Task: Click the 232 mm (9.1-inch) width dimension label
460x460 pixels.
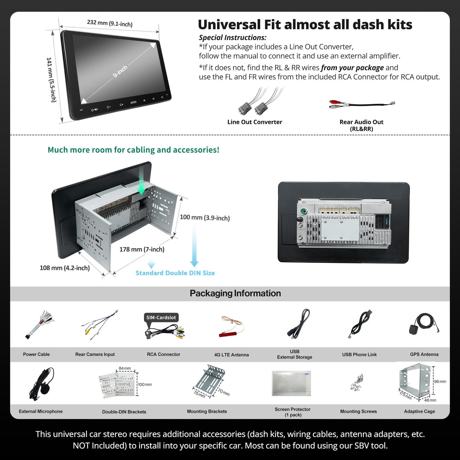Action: pyautogui.click(x=110, y=23)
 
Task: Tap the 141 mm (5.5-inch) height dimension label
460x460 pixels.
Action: pyautogui.click(x=51, y=80)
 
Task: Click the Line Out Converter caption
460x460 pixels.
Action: pyautogui.click(x=255, y=122)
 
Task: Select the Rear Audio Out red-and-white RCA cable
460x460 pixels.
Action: pyautogui.click(x=361, y=104)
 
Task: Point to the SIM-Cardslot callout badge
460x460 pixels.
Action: pyautogui.click(x=161, y=318)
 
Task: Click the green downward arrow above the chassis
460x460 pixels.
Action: pyautogui.click(x=141, y=180)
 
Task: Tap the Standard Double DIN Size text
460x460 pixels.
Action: pyautogui.click(x=175, y=273)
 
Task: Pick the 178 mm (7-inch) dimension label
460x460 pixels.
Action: pyautogui.click(x=142, y=249)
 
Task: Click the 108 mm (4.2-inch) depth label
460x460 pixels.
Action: pyautogui.click(x=64, y=268)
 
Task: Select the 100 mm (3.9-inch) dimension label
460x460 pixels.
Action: pyautogui.click(x=205, y=217)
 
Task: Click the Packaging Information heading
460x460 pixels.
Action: pyautogui.click(x=235, y=293)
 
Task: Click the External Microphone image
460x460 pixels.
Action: pyautogui.click(x=41, y=383)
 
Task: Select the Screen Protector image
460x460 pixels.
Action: pyautogui.click(x=291, y=383)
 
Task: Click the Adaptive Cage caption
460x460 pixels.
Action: pyautogui.click(x=419, y=411)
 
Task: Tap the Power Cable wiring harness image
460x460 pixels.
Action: pyautogui.click(x=39, y=324)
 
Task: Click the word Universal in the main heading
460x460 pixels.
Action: pyautogui.click(x=230, y=25)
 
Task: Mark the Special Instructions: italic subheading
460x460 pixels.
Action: pyautogui.click(x=233, y=38)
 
